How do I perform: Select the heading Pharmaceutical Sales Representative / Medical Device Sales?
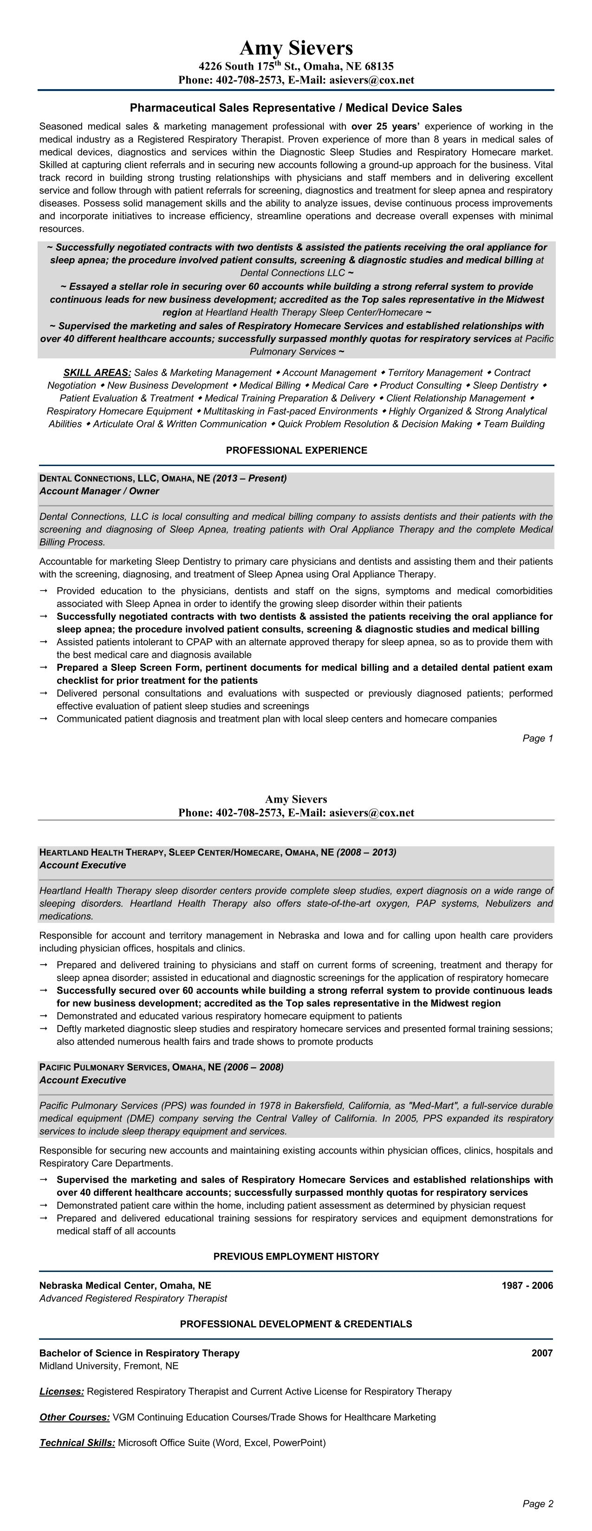coord(296,108)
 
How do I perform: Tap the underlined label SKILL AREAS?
coord(97,373)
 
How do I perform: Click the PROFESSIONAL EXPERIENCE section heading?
coord(296,450)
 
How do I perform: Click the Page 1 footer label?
coord(537,739)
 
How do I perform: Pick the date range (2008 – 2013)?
coord(366,853)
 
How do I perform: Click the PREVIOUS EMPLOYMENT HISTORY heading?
coord(296,1257)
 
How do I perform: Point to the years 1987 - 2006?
coord(527,1285)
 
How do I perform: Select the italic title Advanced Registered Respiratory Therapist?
coord(133,1298)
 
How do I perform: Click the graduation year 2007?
coord(542,1353)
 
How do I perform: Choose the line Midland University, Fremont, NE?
coord(109,1366)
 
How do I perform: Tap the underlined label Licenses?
coord(62,1392)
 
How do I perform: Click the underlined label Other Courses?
coord(75,1417)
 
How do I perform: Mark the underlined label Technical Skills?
coord(77,1443)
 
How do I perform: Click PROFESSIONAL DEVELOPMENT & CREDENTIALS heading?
coord(296,1324)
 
